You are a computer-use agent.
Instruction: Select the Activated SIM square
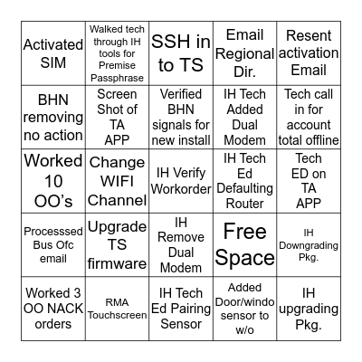coord(52,52)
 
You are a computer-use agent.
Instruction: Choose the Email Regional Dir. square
coord(244,52)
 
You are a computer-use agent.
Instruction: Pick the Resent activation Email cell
coord(310,52)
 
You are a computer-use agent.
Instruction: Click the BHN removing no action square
coord(52,116)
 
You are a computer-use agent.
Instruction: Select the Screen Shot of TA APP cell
coord(116,116)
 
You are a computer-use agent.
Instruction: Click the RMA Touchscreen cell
coord(116,309)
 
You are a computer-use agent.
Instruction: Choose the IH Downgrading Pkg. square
coord(310,244)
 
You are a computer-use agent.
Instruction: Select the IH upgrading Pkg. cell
coord(310,309)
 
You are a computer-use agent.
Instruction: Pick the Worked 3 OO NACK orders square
coord(52,309)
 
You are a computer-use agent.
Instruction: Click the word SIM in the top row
coord(52,63)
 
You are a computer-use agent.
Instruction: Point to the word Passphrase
coord(116,78)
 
